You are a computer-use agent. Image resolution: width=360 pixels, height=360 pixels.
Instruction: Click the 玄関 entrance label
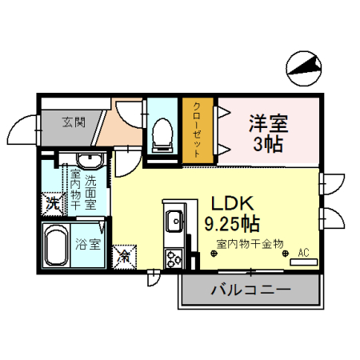[74, 122]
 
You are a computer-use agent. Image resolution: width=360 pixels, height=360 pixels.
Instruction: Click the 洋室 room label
[268, 124]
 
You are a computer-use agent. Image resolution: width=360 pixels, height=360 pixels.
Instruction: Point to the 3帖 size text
[268, 146]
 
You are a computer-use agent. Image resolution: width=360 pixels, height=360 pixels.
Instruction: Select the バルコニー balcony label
[250, 289]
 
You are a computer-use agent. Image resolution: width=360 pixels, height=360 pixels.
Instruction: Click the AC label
[303, 252]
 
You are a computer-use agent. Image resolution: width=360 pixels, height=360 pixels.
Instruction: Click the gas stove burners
[174, 258]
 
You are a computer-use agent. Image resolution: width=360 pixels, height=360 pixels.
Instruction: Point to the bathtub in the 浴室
[57, 245]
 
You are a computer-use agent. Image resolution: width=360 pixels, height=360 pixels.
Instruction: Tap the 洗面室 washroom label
[90, 192]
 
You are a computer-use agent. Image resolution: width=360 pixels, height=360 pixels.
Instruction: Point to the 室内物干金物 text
[250, 243]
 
